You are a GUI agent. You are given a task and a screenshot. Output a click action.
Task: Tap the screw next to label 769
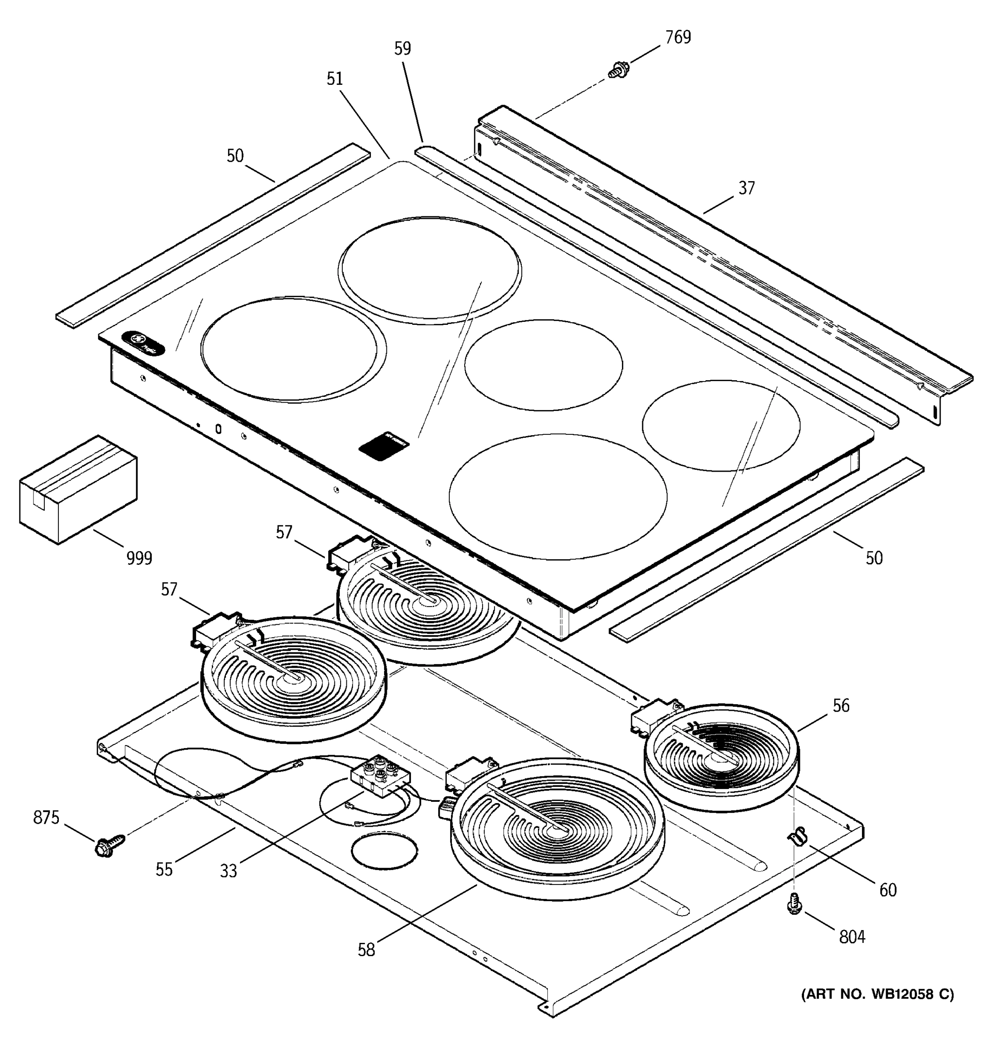618,70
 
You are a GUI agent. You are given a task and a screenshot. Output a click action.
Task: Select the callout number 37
746,189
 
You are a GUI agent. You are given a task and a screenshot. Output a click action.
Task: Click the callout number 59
402,49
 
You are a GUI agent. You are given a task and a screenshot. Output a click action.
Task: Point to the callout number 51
334,79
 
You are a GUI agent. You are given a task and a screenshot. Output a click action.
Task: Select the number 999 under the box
139,558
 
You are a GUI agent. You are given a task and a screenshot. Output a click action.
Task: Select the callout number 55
164,869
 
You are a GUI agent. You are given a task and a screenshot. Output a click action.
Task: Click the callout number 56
840,706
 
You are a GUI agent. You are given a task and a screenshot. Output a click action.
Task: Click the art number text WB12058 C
877,994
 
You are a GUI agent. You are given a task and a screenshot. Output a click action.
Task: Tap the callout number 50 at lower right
874,558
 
